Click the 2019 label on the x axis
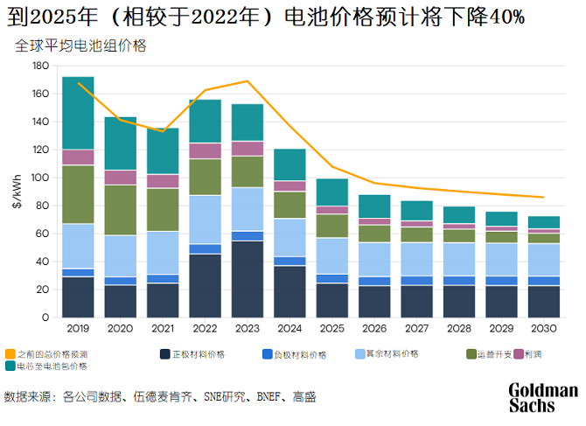(x=79, y=329)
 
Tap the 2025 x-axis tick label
(x=331, y=329)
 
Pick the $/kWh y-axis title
(x=18, y=191)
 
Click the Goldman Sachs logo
(x=543, y=397)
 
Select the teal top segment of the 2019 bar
(x=79, y=113)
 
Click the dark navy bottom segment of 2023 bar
(x=248, y=279)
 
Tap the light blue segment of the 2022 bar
(x=206, y=220)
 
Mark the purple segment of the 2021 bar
(x=163, y=181)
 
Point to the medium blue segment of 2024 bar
(x=290, y=261)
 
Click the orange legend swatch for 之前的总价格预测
(x=10, y=354)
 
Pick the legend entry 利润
(x=532, y=354)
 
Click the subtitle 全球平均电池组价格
(x=80, y=46)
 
